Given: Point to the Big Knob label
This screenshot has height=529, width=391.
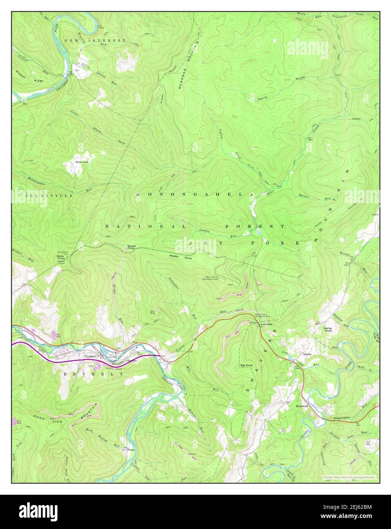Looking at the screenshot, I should pos(246,366).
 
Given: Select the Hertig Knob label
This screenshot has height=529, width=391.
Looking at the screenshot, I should pos(327,330).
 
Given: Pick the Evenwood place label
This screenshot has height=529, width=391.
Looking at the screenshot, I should pos(302,406).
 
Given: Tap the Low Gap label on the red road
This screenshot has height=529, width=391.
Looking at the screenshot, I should pos(267,324).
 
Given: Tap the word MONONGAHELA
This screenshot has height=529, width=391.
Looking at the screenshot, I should pos(194,194).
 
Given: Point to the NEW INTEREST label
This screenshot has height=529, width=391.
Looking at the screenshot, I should pos(95,40).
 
